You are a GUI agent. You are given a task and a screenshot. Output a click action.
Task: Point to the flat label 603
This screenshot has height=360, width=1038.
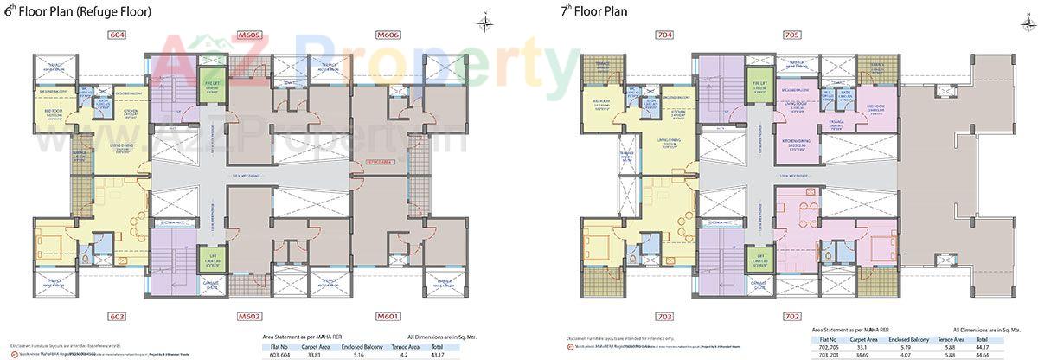point(118,316)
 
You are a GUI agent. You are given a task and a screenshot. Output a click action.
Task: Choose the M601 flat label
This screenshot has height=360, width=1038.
point(388,316)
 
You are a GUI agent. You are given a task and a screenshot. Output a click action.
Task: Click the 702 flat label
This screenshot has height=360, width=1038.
point(790,317)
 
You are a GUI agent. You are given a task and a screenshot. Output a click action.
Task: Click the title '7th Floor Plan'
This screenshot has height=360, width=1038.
point(596,12)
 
